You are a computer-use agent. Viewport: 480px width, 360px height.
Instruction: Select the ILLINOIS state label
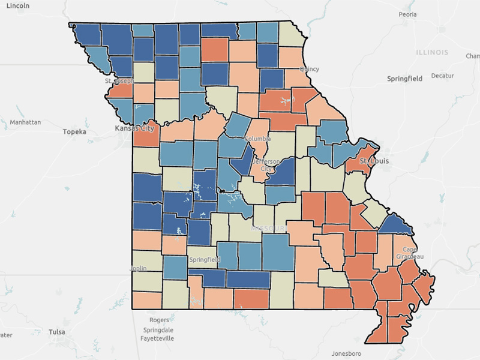pos(431,52)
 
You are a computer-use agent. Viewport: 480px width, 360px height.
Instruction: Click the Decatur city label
pos(442,76)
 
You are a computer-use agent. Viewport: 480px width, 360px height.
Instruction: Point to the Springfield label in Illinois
pos(404,79)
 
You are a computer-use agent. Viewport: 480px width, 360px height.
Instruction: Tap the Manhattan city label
pos(25,122)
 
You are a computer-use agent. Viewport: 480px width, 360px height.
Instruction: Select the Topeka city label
pos(75,131)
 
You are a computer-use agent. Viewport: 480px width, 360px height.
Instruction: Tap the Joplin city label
pos(138,269)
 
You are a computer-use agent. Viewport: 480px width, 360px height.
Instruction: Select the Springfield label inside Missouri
pos(205,260)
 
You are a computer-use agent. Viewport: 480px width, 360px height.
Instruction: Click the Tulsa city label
pos(57,332)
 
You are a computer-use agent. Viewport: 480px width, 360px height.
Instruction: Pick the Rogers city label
pos(159,320)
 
